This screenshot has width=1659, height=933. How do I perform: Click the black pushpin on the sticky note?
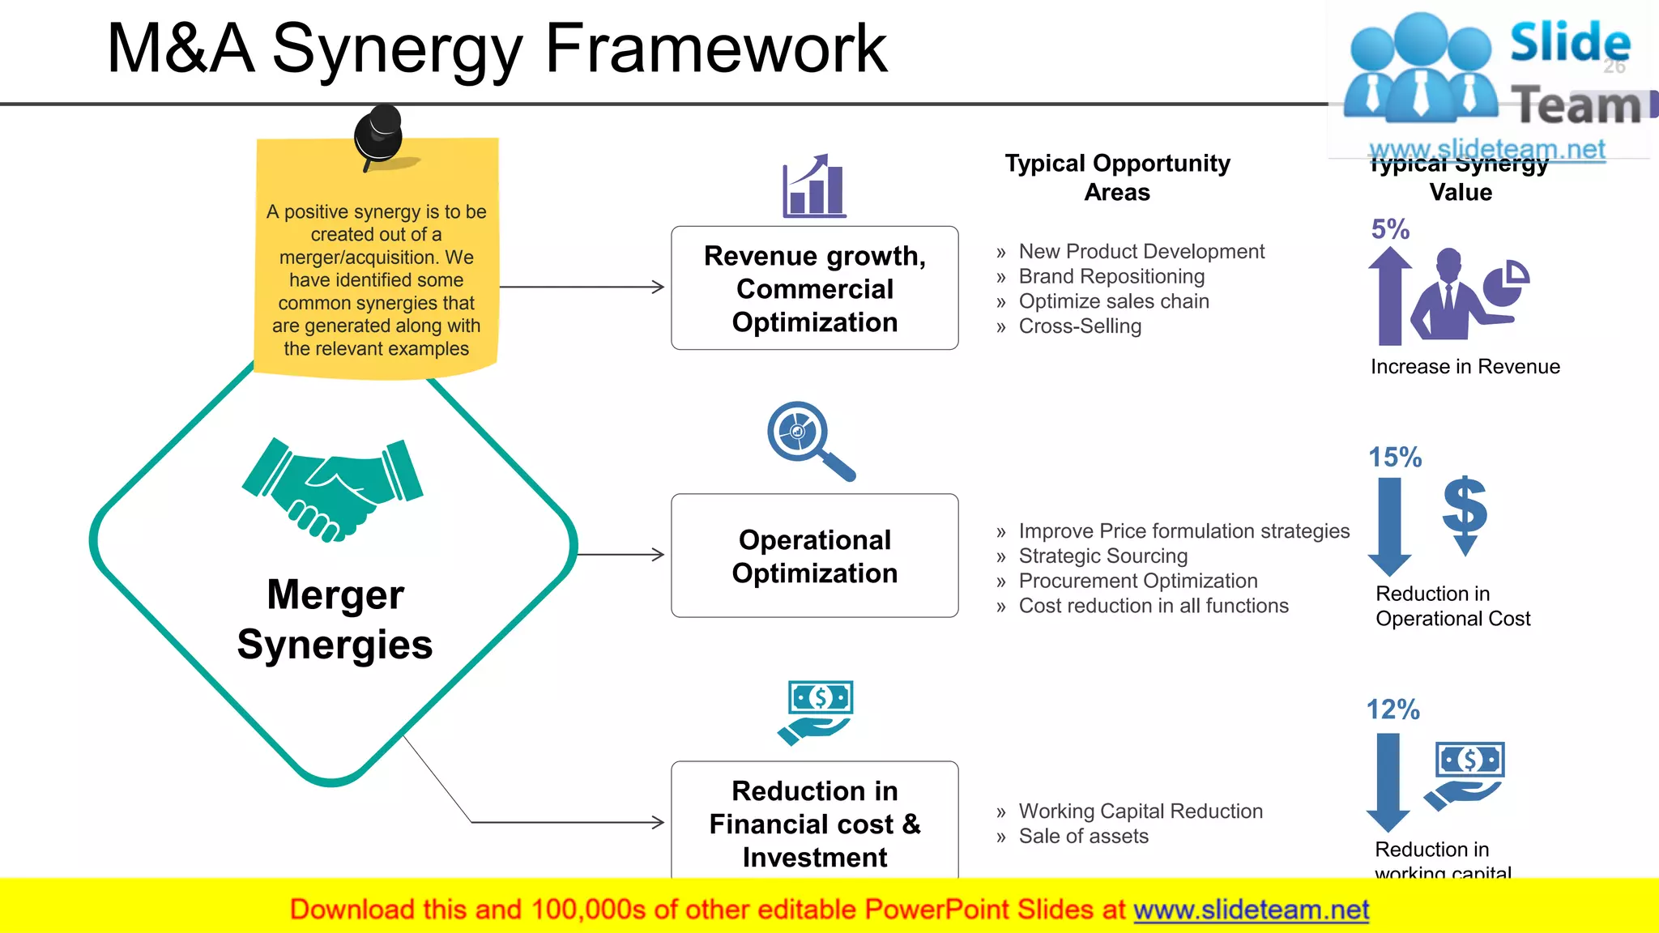coord(378,135)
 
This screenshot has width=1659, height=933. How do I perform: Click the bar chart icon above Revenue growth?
coord(813,187)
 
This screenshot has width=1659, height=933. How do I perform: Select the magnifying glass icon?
coord(808,440)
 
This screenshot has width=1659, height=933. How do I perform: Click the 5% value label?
coord(1390,229)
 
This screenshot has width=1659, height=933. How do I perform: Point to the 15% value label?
coord(1395,457)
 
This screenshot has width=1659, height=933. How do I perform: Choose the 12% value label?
coord(1392,709)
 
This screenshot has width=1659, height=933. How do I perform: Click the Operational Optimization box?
coord(814,556)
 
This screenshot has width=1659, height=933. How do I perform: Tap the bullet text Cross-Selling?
coord(1079,326)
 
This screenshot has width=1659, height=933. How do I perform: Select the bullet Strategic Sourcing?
coord(1102,556)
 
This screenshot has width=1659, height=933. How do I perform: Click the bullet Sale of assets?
coord(1083,836)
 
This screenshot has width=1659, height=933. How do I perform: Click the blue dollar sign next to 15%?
coord(1465,513)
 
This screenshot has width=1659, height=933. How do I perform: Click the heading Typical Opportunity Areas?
coord(1117,177)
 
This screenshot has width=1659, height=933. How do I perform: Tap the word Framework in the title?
coord(716,49)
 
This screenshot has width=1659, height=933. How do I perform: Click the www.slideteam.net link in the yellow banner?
coord(1251,910)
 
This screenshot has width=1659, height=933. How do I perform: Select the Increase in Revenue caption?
coord(1465,367)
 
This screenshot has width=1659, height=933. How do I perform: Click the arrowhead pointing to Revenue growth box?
coord(658,287)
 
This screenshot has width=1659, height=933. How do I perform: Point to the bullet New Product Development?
coord(1141,251)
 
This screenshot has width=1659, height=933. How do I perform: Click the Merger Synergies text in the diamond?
coord(335,620)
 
